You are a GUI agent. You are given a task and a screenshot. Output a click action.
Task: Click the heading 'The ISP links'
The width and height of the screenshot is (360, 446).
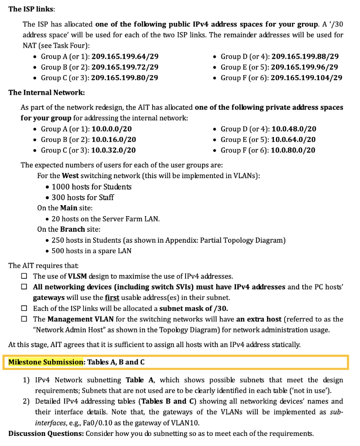[x=31, y=9]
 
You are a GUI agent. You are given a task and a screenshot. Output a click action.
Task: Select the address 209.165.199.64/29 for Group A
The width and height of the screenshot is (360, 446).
[x=125, y=56]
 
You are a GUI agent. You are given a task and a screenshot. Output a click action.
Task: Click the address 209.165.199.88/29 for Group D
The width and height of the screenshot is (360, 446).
[x=305, y=56]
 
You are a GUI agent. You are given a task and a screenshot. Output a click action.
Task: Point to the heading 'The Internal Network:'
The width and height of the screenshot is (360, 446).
[x=46, y=92]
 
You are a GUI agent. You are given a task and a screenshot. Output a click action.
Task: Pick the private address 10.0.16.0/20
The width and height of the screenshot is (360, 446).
[x=114, y=140]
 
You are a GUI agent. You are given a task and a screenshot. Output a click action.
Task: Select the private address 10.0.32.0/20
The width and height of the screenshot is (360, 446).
[x=114, y=150]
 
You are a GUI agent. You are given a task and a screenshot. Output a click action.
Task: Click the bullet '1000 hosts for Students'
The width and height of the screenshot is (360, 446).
[x=91, y=187]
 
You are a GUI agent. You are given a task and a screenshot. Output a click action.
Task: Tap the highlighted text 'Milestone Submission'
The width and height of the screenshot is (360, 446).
[x=46, y=362]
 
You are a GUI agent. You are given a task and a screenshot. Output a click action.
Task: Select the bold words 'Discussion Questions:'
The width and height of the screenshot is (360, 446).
[x=46, y=433]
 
